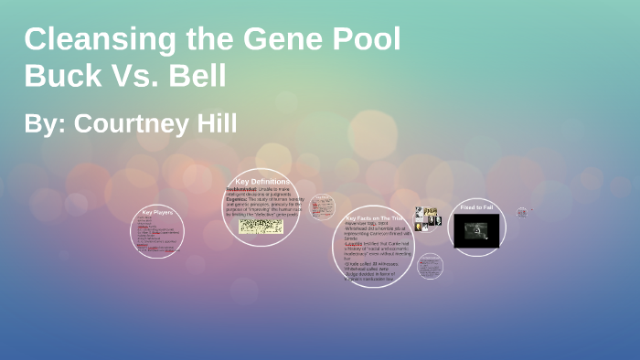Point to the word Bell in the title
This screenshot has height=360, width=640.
[196, 76]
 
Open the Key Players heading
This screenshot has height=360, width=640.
[157, 212]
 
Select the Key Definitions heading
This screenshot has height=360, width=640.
[262, 182]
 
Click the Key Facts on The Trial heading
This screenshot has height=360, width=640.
[374, 218]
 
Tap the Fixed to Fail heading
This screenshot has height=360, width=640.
[476, 207]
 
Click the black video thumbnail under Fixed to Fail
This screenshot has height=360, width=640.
[476, 230]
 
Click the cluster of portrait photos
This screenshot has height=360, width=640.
[427, 218]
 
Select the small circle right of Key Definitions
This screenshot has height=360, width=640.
[322, 207]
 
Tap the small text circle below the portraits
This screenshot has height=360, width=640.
[430, 267]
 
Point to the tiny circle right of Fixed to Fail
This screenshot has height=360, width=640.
[522, 212]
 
